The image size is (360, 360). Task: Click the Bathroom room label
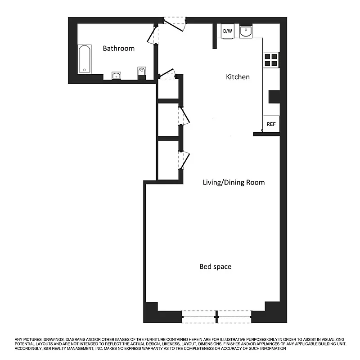tap(118, 49)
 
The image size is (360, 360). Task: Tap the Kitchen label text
tap(238, 77)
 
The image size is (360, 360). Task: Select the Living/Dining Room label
tap(234, 182)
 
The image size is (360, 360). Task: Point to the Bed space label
tap(215, 267)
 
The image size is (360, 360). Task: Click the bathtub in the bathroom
tap(85, 58)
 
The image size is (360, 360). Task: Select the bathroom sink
tap(117, 75)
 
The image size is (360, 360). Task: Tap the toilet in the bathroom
tap(142, 72)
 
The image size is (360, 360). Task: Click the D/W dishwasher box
tap(227, 31)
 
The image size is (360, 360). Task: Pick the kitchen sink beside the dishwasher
tap(246, 31)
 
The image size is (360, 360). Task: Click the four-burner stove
tap(271, 60)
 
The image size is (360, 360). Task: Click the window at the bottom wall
tap(217, 317)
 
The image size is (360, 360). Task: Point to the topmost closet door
tap(167, 74)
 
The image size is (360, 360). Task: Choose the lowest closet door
tap(184, 160)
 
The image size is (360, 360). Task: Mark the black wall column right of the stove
tap(274, 97)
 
